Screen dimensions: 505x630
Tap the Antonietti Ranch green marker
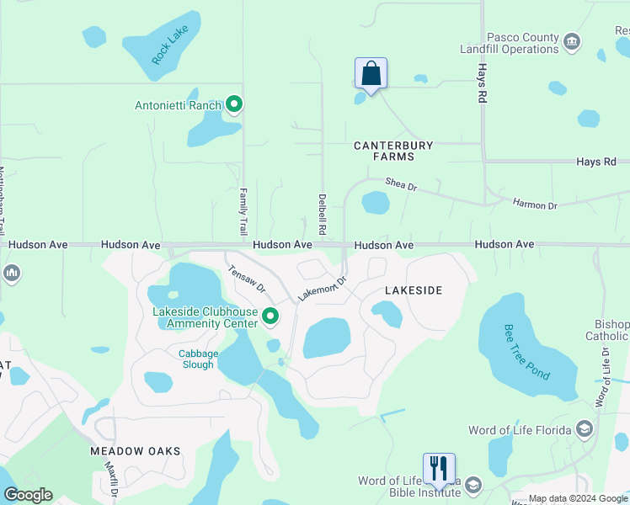[234, 105]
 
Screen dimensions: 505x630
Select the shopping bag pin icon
[371, 75]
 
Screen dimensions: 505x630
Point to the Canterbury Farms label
[393, 151]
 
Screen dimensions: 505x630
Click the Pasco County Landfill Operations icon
[572, 42]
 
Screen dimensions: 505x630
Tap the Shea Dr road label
[401, 183]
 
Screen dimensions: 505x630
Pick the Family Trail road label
[243, 211]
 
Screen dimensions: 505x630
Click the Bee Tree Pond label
[526, 349]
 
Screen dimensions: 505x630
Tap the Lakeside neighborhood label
[413, 290]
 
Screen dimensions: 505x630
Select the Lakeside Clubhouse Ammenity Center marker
[270, 316]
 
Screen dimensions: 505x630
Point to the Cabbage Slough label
[198, 359]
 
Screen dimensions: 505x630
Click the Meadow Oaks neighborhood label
[136, 451]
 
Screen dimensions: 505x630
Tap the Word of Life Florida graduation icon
[583, 430]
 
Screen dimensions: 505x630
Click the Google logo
[28, 495]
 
